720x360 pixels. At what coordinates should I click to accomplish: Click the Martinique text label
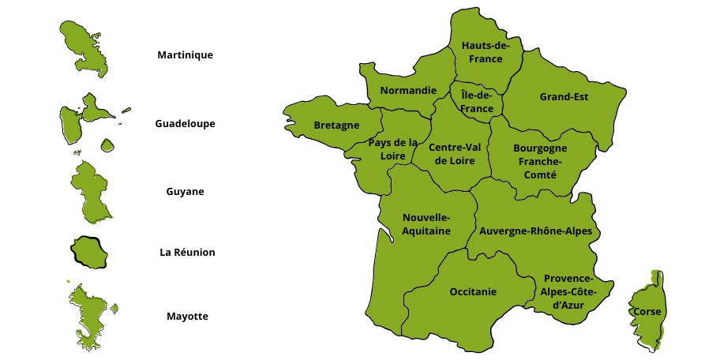[185, 55]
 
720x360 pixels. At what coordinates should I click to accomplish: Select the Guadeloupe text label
[185, 124]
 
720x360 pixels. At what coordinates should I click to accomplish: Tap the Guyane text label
[185, 192]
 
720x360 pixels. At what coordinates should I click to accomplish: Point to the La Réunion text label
[187, 253]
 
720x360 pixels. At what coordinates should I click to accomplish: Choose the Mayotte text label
[187, 317]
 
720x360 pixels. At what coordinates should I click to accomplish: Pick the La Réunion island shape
[90, 252]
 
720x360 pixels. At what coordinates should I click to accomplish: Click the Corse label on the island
[647, 312]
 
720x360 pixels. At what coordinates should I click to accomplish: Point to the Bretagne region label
[336, 126]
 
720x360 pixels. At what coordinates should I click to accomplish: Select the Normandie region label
[408, 91]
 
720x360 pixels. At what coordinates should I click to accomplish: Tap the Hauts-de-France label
[486, 52]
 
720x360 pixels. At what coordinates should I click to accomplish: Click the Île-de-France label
[477, 102]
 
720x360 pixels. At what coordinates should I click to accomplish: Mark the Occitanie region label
[473, 292]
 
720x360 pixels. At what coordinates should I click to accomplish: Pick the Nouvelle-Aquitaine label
[426, 224]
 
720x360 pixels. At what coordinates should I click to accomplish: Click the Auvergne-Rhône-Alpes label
[535, 231]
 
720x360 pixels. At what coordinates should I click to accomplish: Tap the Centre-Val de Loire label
[454, 153]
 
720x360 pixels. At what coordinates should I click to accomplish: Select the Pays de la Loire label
[392, 149]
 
